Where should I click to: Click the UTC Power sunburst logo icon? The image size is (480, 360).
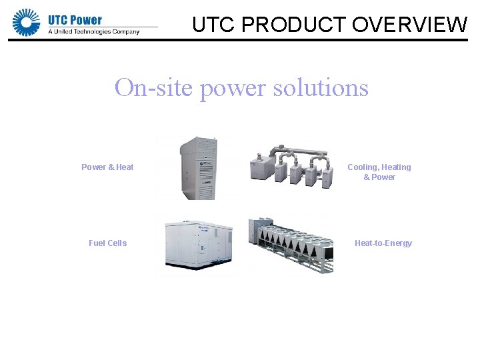tap(27, 22)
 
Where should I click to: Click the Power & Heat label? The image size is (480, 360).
tap(107, 167)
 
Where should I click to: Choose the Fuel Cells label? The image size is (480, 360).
tap(107, 243)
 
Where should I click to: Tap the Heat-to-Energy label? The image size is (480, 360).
tap(383, 243)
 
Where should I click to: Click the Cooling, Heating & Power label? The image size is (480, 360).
tap(379, 172)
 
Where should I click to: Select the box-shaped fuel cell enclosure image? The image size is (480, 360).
tap(199, 243)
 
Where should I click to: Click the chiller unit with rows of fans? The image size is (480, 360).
tap(291, 245)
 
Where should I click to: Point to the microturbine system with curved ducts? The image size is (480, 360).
tap(291, 165)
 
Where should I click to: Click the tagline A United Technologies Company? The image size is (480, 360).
tap(94, 31)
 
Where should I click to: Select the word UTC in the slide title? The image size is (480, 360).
tap(213, 25)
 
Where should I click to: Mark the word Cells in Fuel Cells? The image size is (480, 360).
tap(117, 243)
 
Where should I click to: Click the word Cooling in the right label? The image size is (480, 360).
tap(363, 167)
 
